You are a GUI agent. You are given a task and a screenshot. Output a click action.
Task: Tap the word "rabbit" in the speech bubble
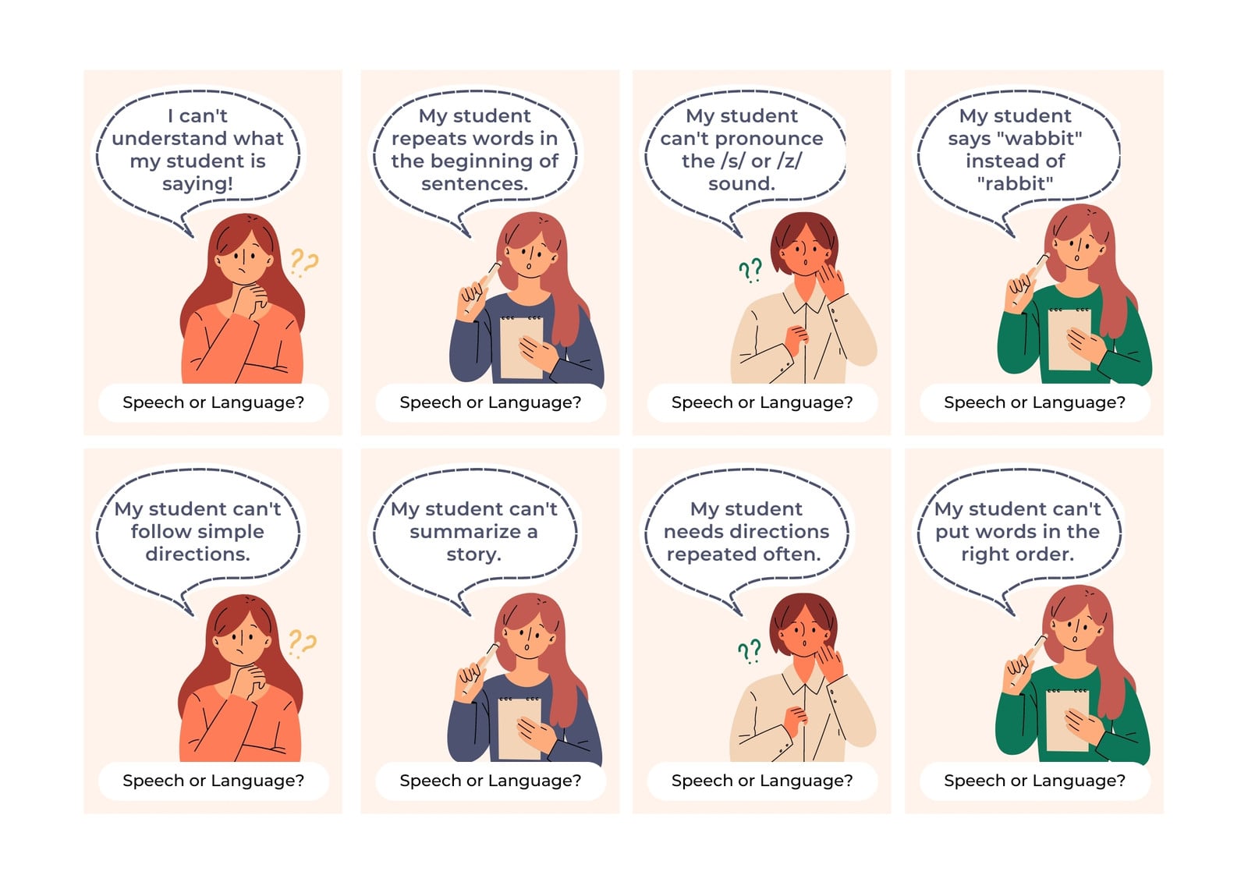coord(1015,183)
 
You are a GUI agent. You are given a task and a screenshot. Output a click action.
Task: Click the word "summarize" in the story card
coord(465,532)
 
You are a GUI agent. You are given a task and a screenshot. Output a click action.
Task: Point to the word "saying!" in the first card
coord(198,184)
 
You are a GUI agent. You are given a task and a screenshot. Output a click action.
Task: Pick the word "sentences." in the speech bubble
coord(475,183)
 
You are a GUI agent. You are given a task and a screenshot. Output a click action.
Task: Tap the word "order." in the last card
coord(1045,554)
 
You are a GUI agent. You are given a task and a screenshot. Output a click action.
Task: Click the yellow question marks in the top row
coord(304,263)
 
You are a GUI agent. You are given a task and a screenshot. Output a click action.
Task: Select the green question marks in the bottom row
coord(750,650)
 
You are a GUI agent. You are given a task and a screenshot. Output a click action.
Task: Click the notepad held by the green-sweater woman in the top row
coord(1070,339)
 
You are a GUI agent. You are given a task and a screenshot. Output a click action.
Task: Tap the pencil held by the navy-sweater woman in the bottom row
coord(480,668)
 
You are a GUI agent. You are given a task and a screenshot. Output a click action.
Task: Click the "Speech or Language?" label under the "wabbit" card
coord(1034,402)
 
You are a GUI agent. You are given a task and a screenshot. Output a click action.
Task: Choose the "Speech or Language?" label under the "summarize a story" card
coord(491,781)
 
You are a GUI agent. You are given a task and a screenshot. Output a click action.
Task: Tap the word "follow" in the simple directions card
coord(157,532)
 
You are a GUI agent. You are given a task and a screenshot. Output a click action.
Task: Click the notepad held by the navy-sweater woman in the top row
coord(522,348)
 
